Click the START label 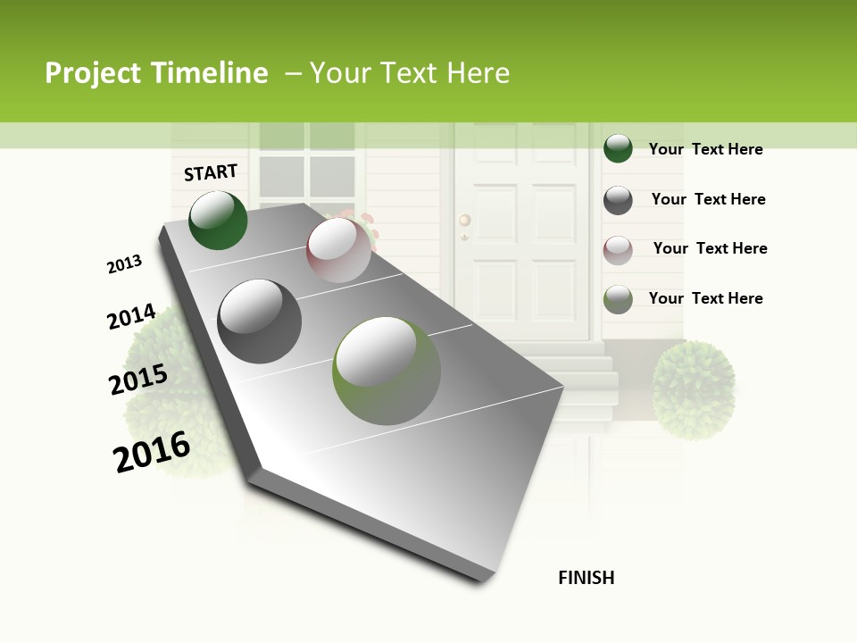[x=211, y=172]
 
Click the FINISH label [x=586, y=578]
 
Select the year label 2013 [x=125, y=264]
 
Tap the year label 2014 [x=132, y=317]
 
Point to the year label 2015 [x=138, y=380]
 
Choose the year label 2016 [x=152, y=452]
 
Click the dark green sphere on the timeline [x=218, y=221]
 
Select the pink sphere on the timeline [x=338, y=250]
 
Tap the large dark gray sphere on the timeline [x=260, y=321]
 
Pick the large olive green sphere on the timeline [x=387, y=371]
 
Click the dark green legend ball [x=618, y=148]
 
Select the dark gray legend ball [x=618, y=200]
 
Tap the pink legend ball [x=618, y=249]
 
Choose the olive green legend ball [x=618, y=299]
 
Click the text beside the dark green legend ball [x=705, y=149]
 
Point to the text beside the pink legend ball [x=710, y=248]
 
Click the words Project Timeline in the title [x=156, y=73]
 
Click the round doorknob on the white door [x=464, y=220]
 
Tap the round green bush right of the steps [x=694, y=389]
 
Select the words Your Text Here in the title [x=410, y=73]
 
